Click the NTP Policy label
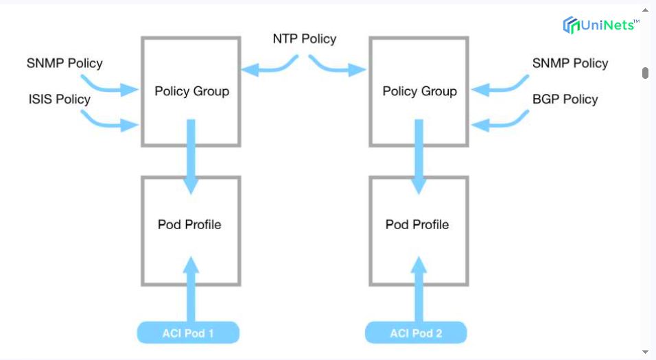click(305, 38)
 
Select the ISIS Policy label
click(59, 99)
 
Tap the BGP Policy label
click(565, 99)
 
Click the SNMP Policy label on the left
click(65, 63)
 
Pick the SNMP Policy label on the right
click(570, 63)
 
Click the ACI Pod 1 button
click(188, 333)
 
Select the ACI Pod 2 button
click(417, 333)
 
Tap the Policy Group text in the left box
click(191, 91)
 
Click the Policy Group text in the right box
click(419, 91)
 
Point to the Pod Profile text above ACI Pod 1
click(189, 224)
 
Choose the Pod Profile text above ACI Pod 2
click(417, 224)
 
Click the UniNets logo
click(600, 25)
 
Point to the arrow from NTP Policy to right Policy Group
click(338, 67)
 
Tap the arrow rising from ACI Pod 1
click(191, 288)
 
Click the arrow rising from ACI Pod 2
click(418, 288)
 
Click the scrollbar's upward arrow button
click(645, 10)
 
